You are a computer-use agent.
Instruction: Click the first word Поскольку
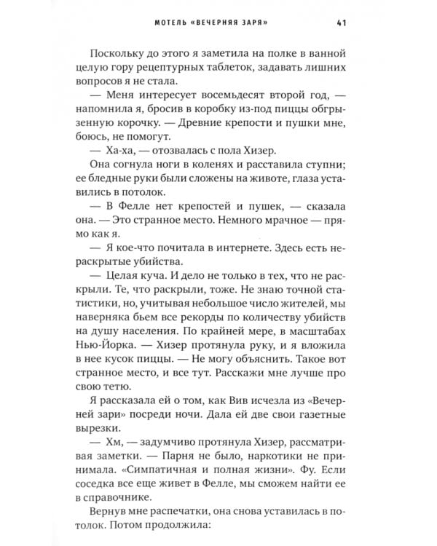pos(125,53)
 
